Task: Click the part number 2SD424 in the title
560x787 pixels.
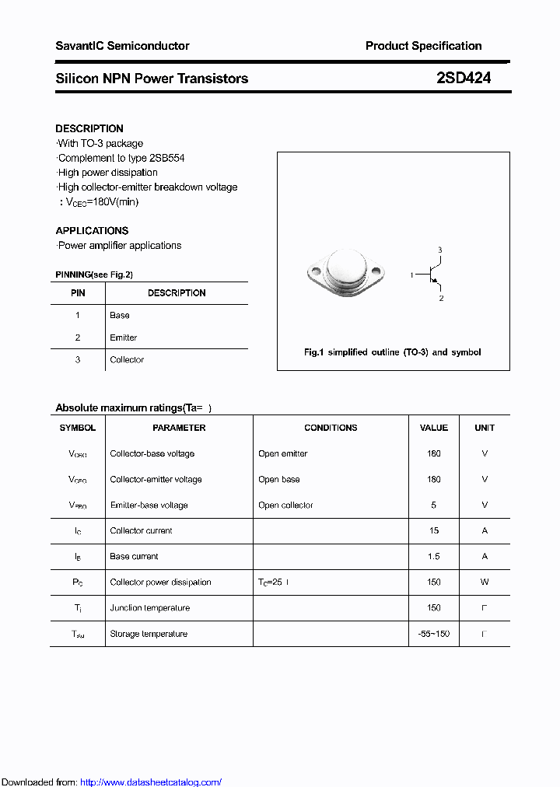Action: (x=464, y=79)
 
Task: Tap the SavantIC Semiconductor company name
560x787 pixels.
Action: (x=122, y=46)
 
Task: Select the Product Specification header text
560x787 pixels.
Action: (x=423, y=46)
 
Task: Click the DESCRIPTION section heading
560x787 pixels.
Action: (x=89, y=128)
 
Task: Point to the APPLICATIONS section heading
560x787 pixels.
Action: (x=92, y=230)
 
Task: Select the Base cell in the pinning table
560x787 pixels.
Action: (x=120, y=315)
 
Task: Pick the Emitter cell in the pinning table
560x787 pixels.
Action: (x=123, y=338)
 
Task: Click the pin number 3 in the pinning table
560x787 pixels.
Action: (x=78, y=359)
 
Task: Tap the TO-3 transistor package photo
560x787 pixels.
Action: (x=345, y=272)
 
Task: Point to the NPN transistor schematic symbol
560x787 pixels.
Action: (x=430, y=274)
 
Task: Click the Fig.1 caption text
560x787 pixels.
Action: (x=392, y=352)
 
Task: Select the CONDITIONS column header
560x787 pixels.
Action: (x=331, y=428)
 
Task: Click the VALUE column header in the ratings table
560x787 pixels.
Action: (x=434, y=428)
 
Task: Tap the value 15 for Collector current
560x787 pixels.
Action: (x=434, y=530)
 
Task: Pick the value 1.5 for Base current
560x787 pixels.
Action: (x=434, y=556)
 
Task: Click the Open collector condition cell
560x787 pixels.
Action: (x=285, y=505)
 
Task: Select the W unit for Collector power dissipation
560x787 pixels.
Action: (x=485, y=582)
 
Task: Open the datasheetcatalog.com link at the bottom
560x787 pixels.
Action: (x=151, y=782)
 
